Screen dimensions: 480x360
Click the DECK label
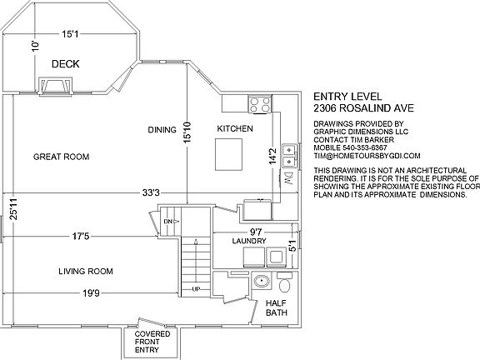(66, 64)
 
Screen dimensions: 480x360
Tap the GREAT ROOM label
(61, 157)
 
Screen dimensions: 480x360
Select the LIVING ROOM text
(86, 271)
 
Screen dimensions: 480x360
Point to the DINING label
(162, 130)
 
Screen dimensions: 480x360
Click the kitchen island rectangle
(228, 154)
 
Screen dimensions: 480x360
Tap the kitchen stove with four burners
(260, 104)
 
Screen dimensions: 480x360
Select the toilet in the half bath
(285, 282)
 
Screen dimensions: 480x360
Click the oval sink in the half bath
(261, 281)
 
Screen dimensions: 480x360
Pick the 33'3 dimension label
(151, 192)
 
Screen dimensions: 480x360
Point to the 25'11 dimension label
(13, 209)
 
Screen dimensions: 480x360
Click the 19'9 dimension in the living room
(91, 293)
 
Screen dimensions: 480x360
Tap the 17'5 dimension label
(81, 237)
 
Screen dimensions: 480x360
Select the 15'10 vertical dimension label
(187, 132)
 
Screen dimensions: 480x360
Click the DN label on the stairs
(168, 222)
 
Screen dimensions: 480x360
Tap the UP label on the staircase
(196, 289)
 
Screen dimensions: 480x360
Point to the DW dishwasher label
(288, 178)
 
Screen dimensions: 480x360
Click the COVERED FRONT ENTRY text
(152, 342)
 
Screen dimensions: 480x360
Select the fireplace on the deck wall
(56, 86)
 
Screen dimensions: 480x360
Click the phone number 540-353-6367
(365, 147)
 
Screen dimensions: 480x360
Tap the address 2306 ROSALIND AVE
(363, 108)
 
